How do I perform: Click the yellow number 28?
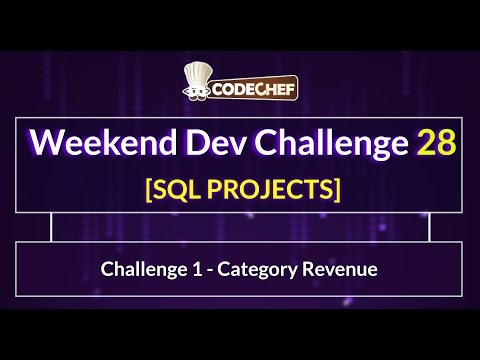(437, 144)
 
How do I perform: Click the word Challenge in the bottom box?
(140, 269)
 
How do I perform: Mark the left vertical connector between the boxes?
(51, 228)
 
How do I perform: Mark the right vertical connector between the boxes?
(429, 228)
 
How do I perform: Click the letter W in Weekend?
(46, 144)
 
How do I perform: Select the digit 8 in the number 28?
(447, 144)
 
